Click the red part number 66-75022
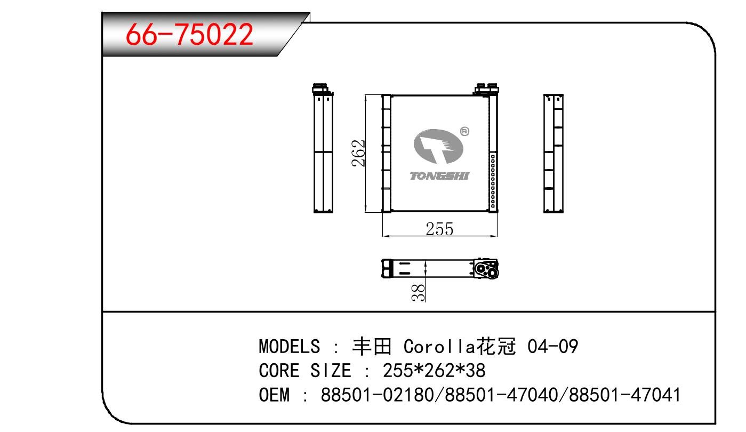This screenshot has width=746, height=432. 189,34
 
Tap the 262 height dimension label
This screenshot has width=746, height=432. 358,153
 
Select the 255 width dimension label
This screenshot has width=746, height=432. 439,229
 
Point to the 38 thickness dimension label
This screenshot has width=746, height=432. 418,293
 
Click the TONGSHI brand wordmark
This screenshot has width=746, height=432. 439,176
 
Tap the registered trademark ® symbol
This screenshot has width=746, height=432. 464,132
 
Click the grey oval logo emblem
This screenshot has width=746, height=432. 438,147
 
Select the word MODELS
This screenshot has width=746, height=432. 290,346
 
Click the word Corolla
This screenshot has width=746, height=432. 439,346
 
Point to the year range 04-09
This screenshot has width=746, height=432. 552,346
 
